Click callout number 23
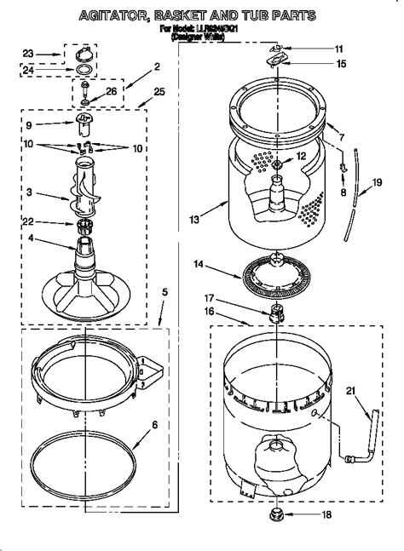click(x=26, y=53)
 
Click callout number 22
click(x=29, y=223)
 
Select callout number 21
click(x=350, y=391)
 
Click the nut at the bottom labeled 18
click(x=277, y=516)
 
